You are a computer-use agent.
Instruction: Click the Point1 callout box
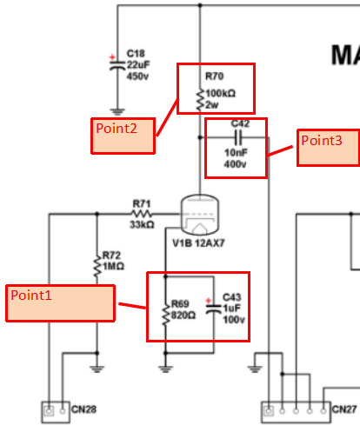click(x=60, y=303)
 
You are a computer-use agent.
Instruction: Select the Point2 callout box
click(x=123, y=136)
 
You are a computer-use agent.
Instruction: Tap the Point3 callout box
click(x=329, y=148)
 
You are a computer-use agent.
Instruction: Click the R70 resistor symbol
click(x=200, y=100)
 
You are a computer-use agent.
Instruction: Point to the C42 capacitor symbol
click(x=238, y=137)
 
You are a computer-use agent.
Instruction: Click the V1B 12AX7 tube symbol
click(x=199, y=215)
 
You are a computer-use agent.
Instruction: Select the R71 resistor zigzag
click(x=142, y=214)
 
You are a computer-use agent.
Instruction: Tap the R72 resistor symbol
click(x=97, y=266)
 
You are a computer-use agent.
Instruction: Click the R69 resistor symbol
click(x=166, y=315)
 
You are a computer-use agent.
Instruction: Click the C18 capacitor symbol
click(x=117, y=66)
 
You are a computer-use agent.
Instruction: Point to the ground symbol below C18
click(x=117, y=112)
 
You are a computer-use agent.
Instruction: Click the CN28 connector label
click(x=83, y=409)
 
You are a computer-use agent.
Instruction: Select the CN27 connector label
click(x=344, y=409)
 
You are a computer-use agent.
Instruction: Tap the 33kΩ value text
click(x=142, y=224)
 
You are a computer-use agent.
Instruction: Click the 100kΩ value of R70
click(x=221, y=93)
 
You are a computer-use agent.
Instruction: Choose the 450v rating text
click(x=137, y=76)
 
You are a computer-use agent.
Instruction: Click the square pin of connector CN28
click(x=49, y=411)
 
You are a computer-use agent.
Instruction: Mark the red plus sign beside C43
click(x=208, y=301)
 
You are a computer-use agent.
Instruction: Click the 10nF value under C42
click(x=236, y=152)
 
